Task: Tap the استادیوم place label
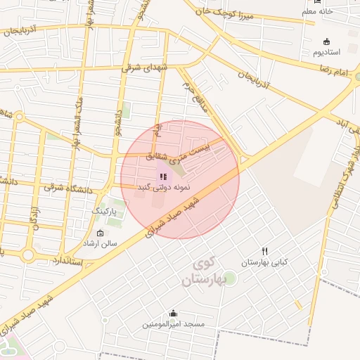[x=327, y=53]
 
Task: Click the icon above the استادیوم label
[x=326, y=41]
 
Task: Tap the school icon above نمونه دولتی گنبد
[x=162, y=176]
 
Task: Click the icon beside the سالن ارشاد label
[x=99, y=233]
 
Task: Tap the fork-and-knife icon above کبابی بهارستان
[x=264, y=251]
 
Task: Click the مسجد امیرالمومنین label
[x=173, y=325]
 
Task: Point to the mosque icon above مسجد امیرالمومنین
[x=173, y=313]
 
